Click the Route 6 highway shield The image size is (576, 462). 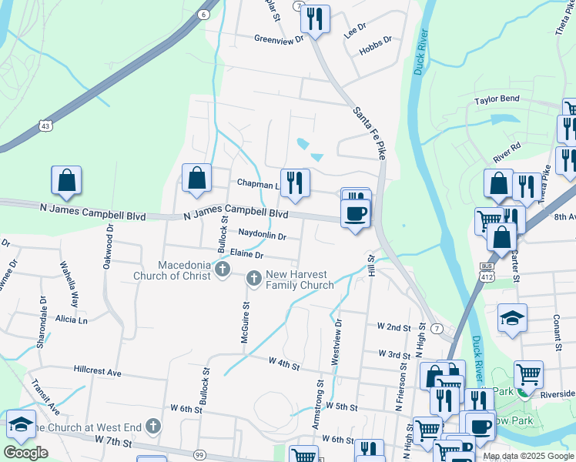click(x=203, y=14)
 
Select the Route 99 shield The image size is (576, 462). click(x=199, y=455)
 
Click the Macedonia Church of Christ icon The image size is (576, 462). click(x=223, y=269)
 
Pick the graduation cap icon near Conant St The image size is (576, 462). click(x=511, y=318)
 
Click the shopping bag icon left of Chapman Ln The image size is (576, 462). click(x=197, y=178)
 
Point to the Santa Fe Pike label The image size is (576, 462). click(x=368, y=131)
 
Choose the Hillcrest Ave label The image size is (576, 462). click(x=98, y=372)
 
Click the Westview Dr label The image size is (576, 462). click(x=336, y=342)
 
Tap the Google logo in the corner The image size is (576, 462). click(x=26, y=453)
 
